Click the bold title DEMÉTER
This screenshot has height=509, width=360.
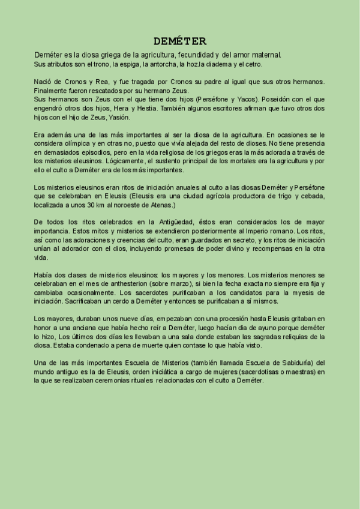click(180, 41)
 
